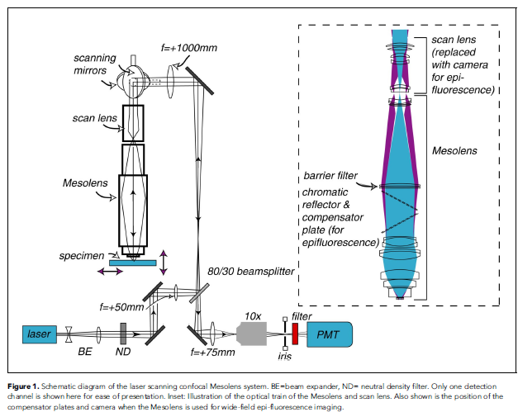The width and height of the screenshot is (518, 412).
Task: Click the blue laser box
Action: click(x=40, y=334)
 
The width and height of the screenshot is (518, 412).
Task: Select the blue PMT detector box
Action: click(x=330, y=334)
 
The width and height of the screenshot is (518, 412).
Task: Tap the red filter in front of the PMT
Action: click(x=295, y=334)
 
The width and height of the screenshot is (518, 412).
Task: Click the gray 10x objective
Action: click(x=251, y=334)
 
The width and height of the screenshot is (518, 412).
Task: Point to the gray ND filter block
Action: click(x=123, y=334)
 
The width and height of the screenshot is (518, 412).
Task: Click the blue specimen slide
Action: click(x=133, y=263)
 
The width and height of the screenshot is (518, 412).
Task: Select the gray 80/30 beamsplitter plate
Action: click(x=199, y=293)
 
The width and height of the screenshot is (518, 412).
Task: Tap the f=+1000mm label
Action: click(x=189, y=48)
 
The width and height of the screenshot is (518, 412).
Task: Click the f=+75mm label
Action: click(x=213, y=353)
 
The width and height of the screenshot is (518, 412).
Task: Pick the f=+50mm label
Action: click(x=121, y=307)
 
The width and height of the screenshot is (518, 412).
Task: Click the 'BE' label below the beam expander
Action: click(x=85, y=352)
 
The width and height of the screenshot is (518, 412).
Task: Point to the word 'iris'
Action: click(x=285, y=356)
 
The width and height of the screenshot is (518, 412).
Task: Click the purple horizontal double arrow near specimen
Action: click(x=111, y=272)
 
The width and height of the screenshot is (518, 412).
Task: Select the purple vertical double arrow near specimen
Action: click(x=164, y=263)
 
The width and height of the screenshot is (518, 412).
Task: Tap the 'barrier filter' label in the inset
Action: click(x=330, y=176)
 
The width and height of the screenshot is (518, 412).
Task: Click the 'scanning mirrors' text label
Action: click(x=95, y=64)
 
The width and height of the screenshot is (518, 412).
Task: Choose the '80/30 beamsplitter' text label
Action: click(x=251, y=272)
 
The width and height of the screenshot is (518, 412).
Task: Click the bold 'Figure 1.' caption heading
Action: click(x=23, y=386)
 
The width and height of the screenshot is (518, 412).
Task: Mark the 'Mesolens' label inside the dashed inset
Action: click(x=454, y=151)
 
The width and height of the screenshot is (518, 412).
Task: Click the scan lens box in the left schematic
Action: click(x=133, y=123)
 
